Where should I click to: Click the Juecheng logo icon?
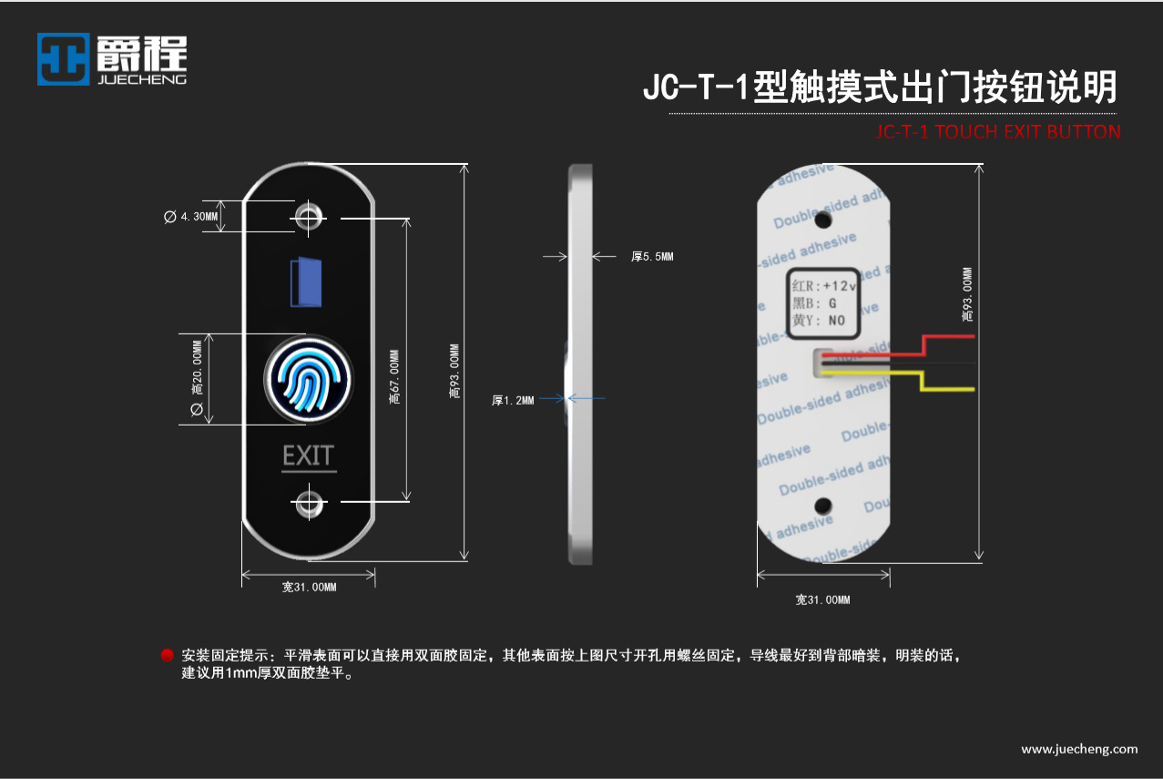[64, 59]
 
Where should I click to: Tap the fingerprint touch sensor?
[308, 381]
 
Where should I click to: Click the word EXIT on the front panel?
[309, 456]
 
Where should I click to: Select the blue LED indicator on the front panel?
[306, 282]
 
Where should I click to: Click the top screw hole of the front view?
[309, 217]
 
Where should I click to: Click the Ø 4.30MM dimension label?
[191, 217]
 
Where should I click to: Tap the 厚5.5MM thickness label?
[652, 257]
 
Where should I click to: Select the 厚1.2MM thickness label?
[513, 399]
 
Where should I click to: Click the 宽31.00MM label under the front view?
[309, 588]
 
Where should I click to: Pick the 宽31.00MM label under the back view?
[822, 600]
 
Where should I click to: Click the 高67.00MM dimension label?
[393, 378]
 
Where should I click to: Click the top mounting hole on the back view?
[823, 220]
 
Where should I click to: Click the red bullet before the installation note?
[168, 655]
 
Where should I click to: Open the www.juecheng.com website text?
[1079, 749]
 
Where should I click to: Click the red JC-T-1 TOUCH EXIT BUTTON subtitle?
[997, 131]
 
